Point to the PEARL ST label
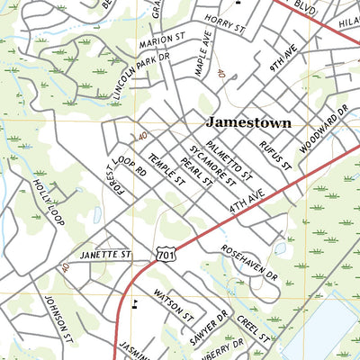pyautogui.click(x=194, y=170)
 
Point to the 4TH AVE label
pyautogui.click(x=244, y=202)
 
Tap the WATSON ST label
pyautogui.click(x=173, y=304)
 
